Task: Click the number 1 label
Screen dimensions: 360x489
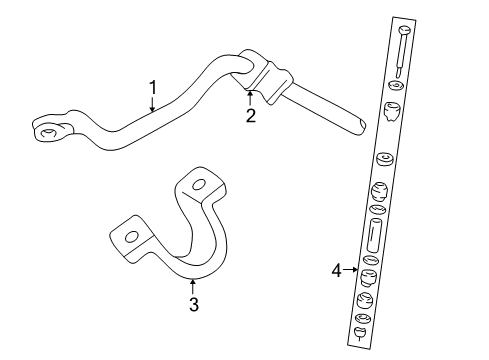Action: coord(152,87)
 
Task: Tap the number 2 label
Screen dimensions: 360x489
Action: coord(251,116)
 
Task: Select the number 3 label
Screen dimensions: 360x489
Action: coord(193,305)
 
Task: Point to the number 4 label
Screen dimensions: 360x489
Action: coord(336,269)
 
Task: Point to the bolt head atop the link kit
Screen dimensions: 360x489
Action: coord(399,33)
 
